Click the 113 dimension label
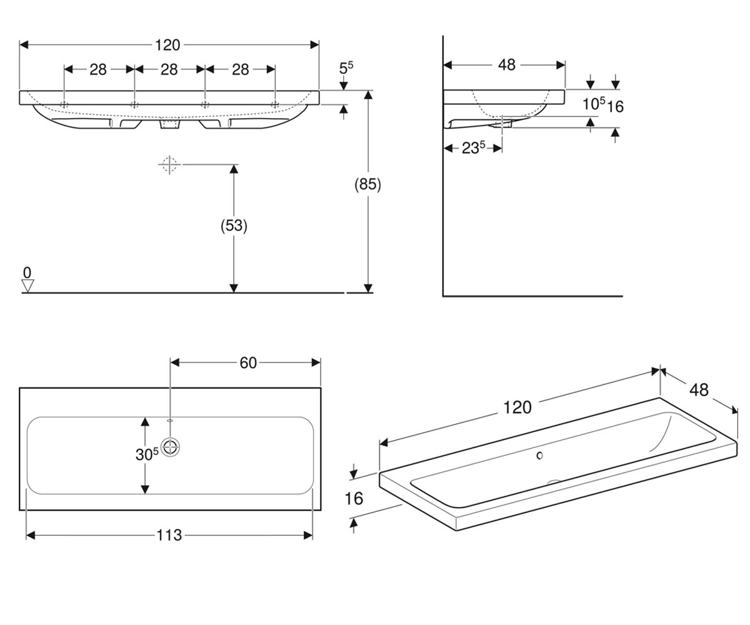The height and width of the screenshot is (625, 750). coord(169,536)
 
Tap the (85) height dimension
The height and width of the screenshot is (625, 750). coord(367,184)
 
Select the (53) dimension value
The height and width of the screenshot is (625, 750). coord(234,226)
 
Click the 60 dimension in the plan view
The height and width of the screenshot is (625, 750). coord(248,362)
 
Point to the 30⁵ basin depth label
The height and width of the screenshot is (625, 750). coord(147,454)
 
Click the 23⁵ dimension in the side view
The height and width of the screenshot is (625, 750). coord(473,147)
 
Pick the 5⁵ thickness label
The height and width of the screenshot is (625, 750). coord(346,67)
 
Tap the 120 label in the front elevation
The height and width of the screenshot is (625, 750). coord(167,45)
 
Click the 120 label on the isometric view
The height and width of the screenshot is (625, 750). coord(517,407)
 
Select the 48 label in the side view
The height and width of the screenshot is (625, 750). coord(507,65)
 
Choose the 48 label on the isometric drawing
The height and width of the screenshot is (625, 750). coord(699,390)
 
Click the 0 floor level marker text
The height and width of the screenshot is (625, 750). coord(27,273)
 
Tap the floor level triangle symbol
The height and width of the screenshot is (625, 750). coord(27,286)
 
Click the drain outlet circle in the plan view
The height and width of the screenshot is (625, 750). coord(170,447)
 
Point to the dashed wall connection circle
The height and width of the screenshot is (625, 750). coord(169,164)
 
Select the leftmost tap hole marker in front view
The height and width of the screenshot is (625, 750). coord(64,104)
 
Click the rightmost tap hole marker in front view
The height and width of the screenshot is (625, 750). coord(275,104)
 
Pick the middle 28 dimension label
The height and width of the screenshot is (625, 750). coord(169,69)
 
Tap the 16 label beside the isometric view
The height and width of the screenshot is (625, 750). coord(354,499)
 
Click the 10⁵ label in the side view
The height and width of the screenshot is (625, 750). coord(593,104)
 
